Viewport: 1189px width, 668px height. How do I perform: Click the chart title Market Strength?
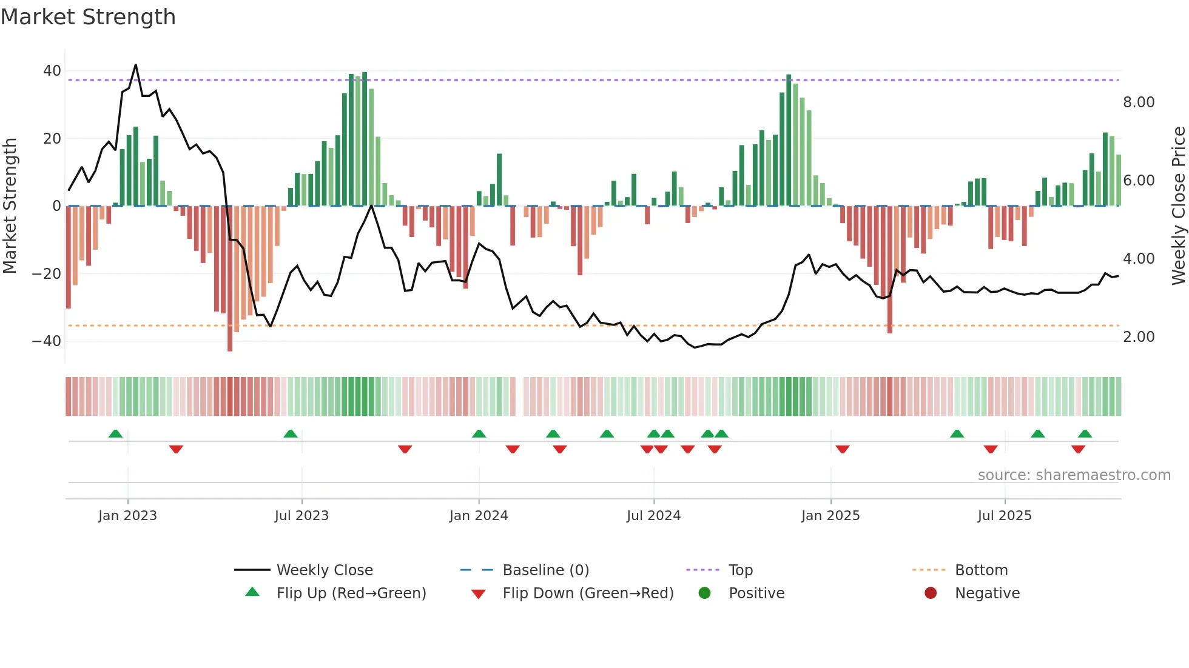88,17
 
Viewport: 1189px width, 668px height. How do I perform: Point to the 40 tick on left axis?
52,71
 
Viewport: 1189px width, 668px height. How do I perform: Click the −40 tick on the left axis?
47,341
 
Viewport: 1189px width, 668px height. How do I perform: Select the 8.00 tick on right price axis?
1138,102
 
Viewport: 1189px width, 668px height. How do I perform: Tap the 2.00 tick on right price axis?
1138,337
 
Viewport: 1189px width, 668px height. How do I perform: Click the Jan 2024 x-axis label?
478,516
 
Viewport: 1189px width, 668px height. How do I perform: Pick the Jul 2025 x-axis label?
1004,516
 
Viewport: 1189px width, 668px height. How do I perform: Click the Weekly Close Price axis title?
1178,205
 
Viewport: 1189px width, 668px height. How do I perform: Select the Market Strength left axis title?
10,205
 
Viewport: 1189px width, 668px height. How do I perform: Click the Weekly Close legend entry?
324,570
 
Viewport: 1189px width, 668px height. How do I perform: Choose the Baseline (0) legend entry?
545,570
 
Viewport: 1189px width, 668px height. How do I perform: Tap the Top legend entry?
740,570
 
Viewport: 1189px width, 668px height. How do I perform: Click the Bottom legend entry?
980,570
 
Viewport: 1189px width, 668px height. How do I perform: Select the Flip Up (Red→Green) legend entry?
351,593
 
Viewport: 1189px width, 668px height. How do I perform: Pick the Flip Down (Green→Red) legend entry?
587,593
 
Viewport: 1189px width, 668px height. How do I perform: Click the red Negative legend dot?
930,593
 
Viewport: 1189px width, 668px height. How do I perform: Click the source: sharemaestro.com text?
1074,475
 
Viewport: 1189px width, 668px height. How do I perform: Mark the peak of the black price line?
135,65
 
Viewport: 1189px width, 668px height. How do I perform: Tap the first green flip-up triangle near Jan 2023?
115,433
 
